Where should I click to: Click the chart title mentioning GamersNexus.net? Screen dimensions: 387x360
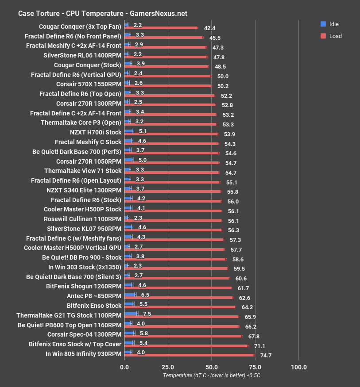click(103, 13)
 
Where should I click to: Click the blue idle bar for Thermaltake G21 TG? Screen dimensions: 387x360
click(131, 314)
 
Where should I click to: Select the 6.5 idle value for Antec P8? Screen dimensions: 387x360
click(144, 295)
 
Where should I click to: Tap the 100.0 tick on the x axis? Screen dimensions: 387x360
click(298, 367)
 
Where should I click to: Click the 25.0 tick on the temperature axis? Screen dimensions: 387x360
click(167, 367)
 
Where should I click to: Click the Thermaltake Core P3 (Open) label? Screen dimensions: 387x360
click(81, 123)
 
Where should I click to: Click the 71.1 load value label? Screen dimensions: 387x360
click(259, 346)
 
